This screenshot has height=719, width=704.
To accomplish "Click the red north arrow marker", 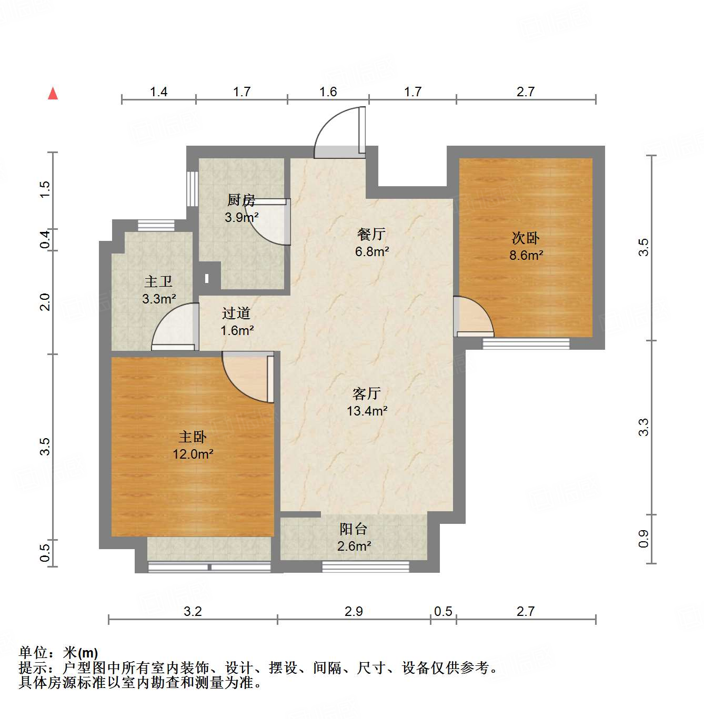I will tap(53, 94).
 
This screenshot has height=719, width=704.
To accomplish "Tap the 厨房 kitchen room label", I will tap(241, 200).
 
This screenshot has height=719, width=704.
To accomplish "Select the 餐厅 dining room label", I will tap(371, 235).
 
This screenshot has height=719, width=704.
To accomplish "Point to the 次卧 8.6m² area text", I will tap(526, 256).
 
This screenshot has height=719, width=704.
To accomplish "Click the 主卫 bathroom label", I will tap(158, 282).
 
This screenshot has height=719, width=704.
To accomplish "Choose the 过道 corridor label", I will tap(236, 313).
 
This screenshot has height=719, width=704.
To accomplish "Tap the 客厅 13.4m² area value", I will tap(367, 411).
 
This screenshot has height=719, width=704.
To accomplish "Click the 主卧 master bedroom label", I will tap(193, 437).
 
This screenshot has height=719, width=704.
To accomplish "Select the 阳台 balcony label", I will tap(353, 529).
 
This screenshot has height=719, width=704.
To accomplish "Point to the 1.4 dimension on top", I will tap(158, 92).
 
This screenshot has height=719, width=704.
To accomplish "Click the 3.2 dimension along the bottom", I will tap(193, 611).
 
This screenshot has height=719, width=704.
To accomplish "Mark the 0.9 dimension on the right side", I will tap(643, 539).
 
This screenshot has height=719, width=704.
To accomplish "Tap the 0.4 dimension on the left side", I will tap(46, 240).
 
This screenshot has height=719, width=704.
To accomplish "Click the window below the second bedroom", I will tap(526, 344).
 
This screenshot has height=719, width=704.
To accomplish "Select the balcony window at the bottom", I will tap(365, 566).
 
